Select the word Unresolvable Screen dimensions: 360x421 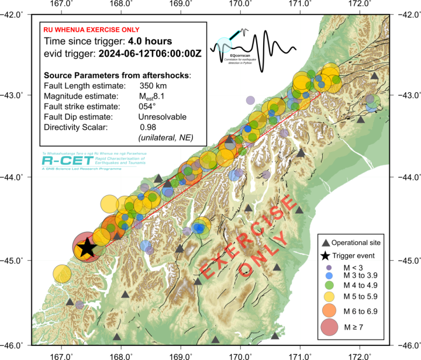point(158,117)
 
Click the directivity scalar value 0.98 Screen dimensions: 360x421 point(148,127)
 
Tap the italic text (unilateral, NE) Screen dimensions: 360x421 point(165,137)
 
